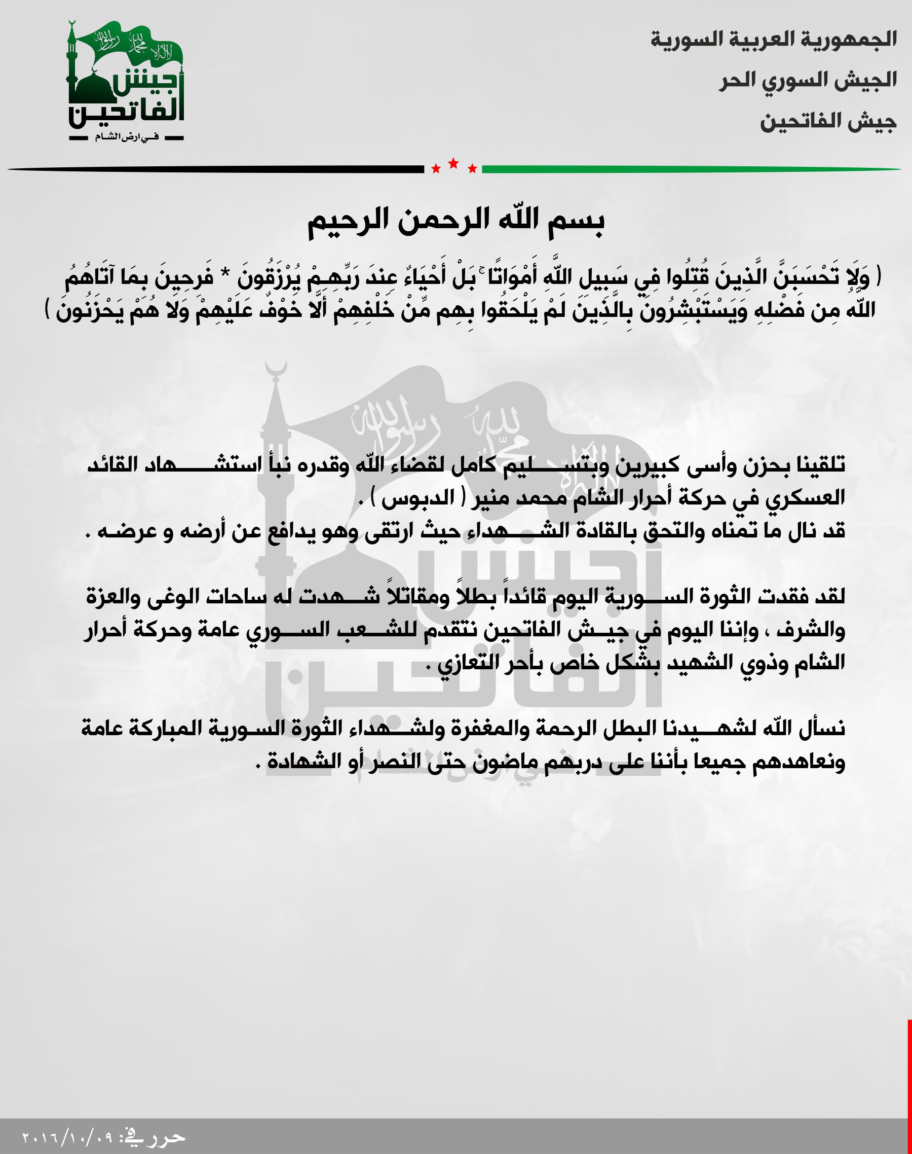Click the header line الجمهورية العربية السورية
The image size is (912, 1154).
click(x=773, y=40)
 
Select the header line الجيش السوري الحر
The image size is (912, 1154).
click(x=807, y=81)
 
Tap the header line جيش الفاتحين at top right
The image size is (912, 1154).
click(x=827, y=122)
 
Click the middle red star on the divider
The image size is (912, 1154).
click(x=453, y=163)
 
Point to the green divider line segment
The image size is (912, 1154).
click(x=689, y=169)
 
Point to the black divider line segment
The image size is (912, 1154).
click(x=214, y=169)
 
